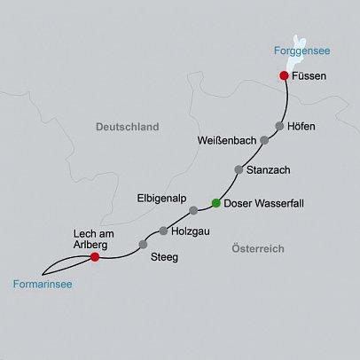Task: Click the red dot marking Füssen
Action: click(x=284, y=76)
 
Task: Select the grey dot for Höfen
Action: click(x=279, y=125)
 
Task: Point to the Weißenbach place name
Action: click(x=227, y=141)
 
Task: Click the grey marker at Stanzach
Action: click(x=238, y=169)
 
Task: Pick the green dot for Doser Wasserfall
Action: click(x=215, y=203)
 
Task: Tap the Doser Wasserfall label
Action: click(x=265, y=203)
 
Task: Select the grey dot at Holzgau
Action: click(x=163, y=231)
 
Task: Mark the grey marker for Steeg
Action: click(x=143, y=244)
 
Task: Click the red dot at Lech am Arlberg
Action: click(x=95, y=258)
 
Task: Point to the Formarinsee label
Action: click(x=43, y=285)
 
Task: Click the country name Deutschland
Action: click(x=127, y=128)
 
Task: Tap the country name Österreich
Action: click(x=253, y=249)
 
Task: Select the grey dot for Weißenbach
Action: click(x=264, y=140)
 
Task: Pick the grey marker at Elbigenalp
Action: click(x=193, y=210)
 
